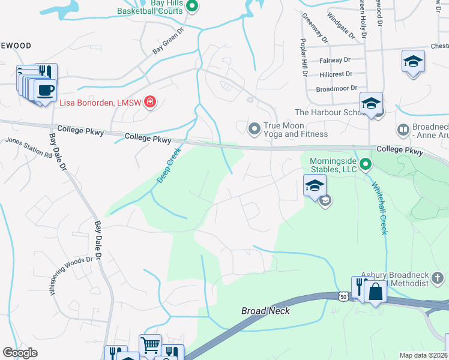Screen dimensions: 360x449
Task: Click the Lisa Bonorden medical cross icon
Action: pyautogui.click(x=149, y=103)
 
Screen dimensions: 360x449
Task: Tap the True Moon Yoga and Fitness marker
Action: pyautogui.click(x=255, y=128)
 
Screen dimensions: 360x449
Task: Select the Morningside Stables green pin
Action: pyautogui.click(x=365, y=163)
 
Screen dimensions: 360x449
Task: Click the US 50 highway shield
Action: pyautogui.click(x=343, y=296)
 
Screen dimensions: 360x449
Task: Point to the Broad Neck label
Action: pyautogui.click(x=265, y=311)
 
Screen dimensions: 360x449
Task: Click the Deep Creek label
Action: pyautogui.click(x=170, y=167)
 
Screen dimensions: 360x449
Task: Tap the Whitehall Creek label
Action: pyautogui.click(x=378, y=208)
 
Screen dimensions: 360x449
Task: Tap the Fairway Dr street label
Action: pyautogui.click(x=335, y=60)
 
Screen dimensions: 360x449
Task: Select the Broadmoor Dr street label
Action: pyautogui.click(x=336, y=89)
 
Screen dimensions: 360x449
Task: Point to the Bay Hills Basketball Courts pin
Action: pyautogui.click(x=192, y=7)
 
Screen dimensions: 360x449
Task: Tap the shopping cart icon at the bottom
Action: pyautogui.click(x=150, y=345)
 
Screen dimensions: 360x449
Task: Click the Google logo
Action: pyautogui.click(x=20, y=353)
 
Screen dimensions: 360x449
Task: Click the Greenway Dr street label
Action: pyautogui.click(x=315, y=28)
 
